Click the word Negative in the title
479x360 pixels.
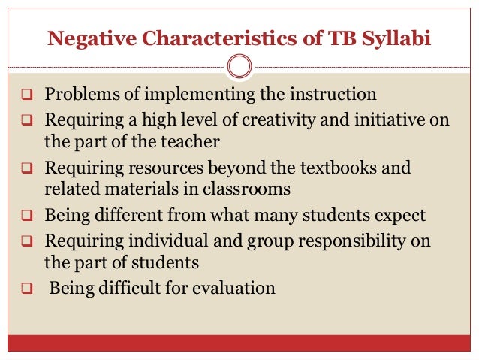point(85,38)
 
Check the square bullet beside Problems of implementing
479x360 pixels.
point(26,96)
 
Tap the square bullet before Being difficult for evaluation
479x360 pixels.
point(26,288)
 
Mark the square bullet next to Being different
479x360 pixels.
point(26,216)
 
